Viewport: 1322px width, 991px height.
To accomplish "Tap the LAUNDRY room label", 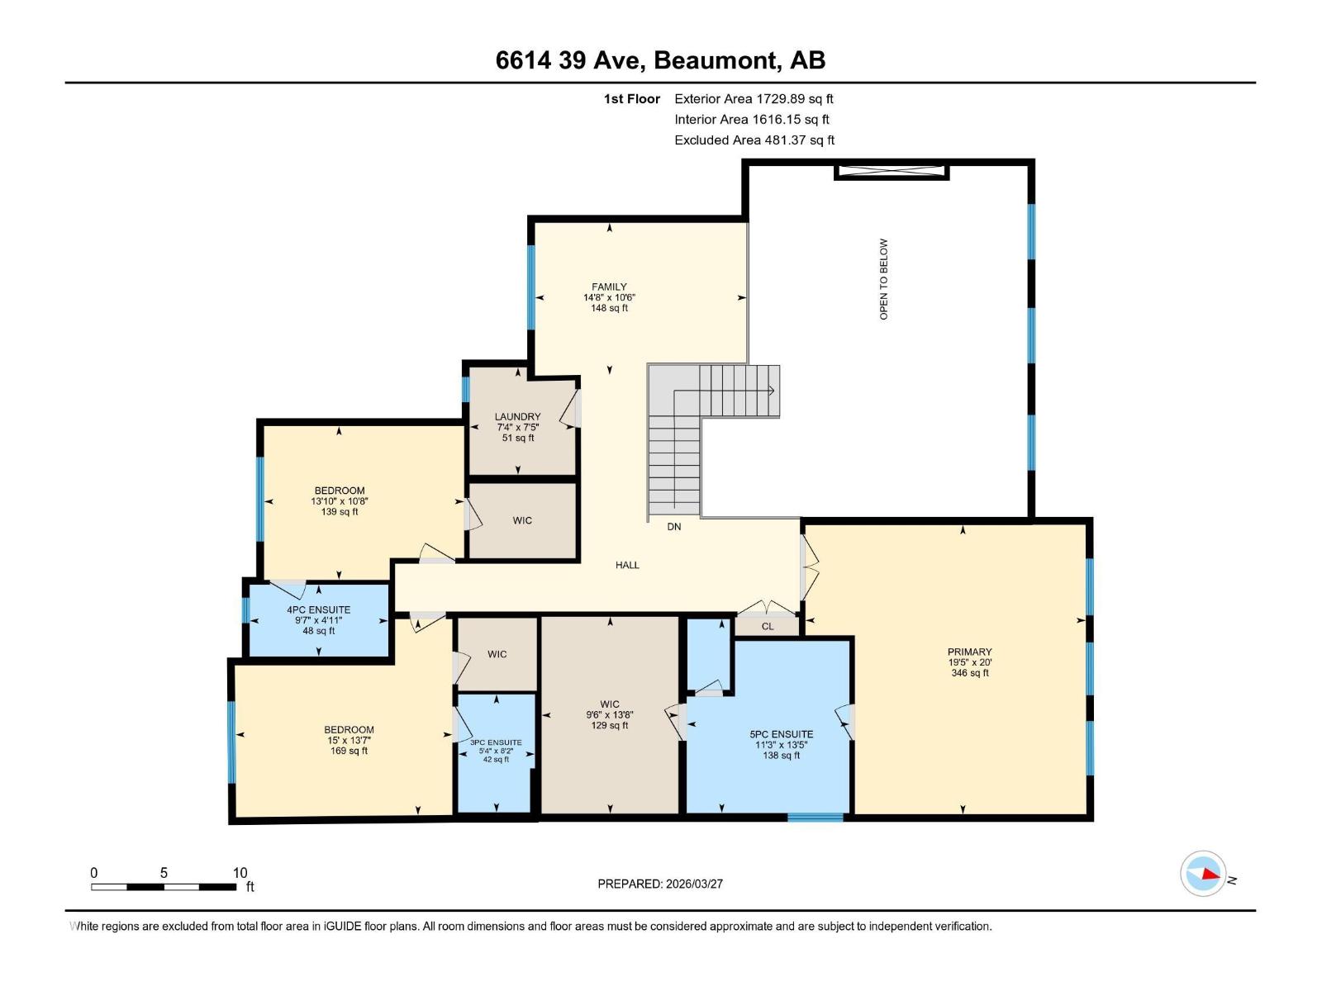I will pyautogui.click(x=518, y=417).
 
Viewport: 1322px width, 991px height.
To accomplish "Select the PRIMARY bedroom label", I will pyautogui.click(x=969, y=652).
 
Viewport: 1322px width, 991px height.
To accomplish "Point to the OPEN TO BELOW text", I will pyautogui.click(x=883, y=279).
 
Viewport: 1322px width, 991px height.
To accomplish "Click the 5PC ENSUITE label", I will pyautogui.click(x=781, y=734).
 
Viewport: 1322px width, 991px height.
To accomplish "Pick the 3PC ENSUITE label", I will pyautogui.click(x=496, y=742).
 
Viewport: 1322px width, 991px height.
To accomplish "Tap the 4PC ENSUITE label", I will pyautogui.click(x=318, y=610).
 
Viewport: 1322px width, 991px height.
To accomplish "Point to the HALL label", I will pyautogui.click(x=627, y=566).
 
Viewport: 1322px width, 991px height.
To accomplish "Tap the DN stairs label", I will pyautogui.click(x=674, y=527).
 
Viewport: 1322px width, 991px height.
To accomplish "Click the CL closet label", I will pyautogui.click(x=768, y=627).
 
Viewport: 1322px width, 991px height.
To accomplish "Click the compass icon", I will pyautogui.click(x=1203, y=874).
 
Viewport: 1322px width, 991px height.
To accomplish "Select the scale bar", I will pyautogui.click(x=164, y=887).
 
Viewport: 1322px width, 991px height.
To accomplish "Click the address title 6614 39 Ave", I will pyautogui.click(x=660, y=60).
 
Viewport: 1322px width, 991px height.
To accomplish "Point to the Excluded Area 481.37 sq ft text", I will pyautogui.click(x=754, y=140).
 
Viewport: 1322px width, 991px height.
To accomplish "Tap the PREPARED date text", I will pyautogui.click(x=660, y=884).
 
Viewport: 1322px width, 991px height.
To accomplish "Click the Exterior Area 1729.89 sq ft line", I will pyautogui.click(x=754, y=99).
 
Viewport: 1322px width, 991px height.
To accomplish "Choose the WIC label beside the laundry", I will pyautogui.click(x=522, y=521).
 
